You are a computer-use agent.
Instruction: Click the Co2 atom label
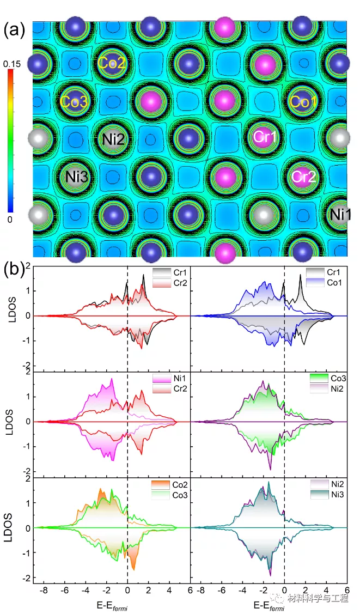[x=112, y=63]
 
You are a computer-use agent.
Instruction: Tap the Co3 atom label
[x=74, y=101]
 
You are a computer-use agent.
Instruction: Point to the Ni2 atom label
[x=113, y=139]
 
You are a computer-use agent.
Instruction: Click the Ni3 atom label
[x=75, y=177]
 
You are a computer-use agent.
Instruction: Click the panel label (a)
[x=15, y=30]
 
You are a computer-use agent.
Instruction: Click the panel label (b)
[x=15, y=268]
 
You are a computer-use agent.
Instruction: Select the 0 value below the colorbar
[x=11, y=218]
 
